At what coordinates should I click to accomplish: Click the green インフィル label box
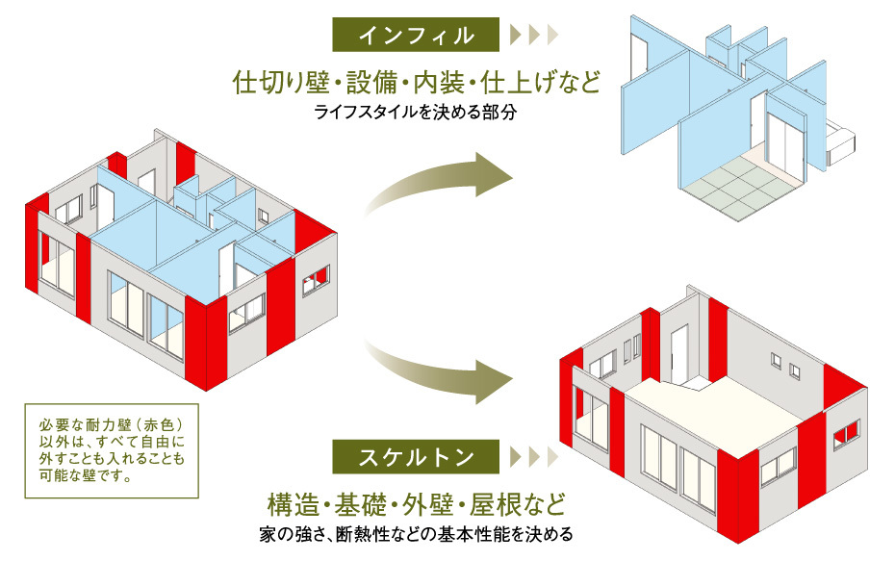416,36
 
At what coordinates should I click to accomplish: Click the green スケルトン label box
416,456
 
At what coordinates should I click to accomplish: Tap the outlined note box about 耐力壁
113,450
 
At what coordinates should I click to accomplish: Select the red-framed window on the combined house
316,282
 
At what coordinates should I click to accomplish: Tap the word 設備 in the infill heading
362,81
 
